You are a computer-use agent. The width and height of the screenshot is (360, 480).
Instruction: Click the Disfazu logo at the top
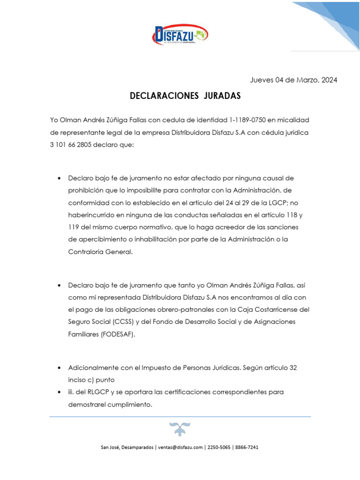[180, 34]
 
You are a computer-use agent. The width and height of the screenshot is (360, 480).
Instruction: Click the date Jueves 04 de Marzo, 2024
[293, 80]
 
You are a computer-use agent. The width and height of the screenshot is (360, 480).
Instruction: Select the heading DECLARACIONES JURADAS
[185, 96]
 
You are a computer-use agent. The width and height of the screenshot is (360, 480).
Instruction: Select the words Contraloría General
[100, 251]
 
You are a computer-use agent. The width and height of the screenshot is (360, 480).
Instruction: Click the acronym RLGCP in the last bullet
[94, 391]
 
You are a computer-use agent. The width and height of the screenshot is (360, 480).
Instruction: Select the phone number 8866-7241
[247, 447]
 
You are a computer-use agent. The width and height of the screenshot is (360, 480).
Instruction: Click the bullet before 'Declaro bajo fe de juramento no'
[59, 179]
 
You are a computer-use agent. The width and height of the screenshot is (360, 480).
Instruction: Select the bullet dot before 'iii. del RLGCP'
[59, 392]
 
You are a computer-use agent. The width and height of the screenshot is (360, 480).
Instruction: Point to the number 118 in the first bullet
[290, 215]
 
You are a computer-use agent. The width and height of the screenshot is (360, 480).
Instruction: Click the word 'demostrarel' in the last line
[86, 404]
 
